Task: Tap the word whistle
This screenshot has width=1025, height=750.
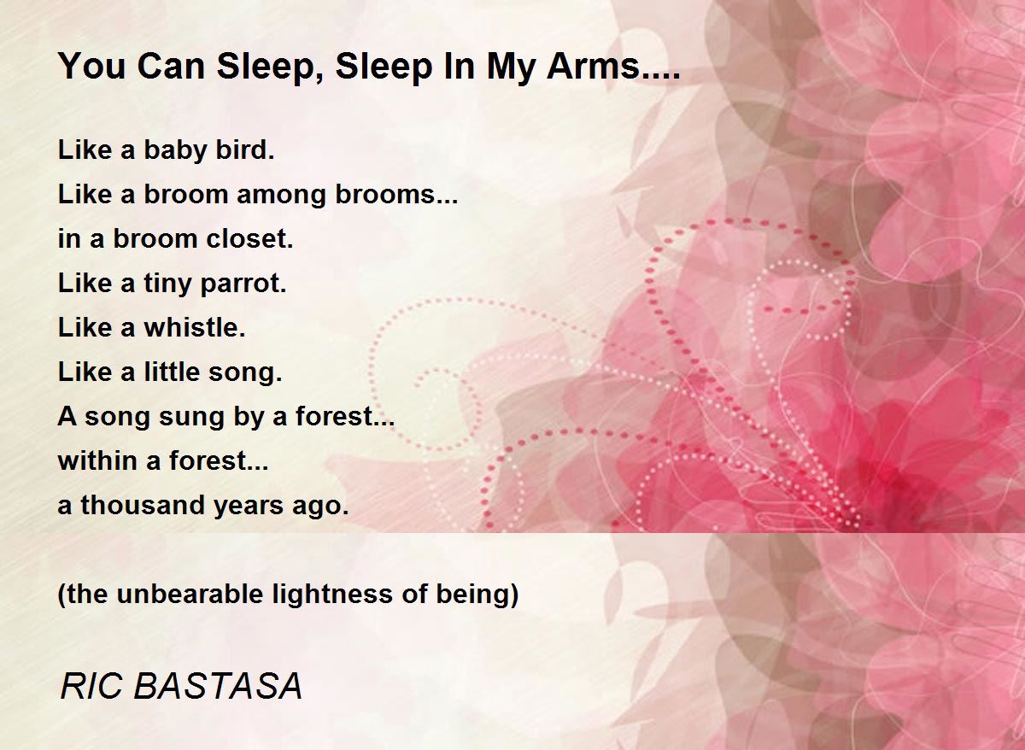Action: [194, 328]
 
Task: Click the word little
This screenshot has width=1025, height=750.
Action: [182, 372]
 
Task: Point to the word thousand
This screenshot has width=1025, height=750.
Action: [133, 506]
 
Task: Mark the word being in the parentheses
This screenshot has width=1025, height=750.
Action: [479, 595]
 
